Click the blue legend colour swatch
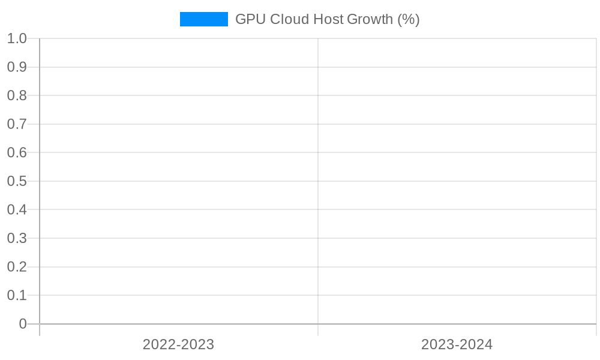coord(204,19)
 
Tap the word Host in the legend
coord(328,19)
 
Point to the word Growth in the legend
coord(370,19)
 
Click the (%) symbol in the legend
coord(409,19)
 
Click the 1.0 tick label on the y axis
coord(17,39)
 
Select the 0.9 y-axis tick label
coord(17,67)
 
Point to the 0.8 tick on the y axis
coord(17,96)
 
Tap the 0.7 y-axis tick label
coord(17,124)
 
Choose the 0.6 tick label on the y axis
coord(17,153)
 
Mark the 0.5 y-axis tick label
coord(17,181)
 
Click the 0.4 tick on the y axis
coord(17,210)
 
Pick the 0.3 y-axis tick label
coord(17,238)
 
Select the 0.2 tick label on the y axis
coord(17,267)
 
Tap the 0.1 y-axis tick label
coord(17,295)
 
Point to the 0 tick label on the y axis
coord(23,324)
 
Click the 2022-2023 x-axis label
coord(178,344)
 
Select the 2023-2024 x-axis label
coord(457,344)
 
